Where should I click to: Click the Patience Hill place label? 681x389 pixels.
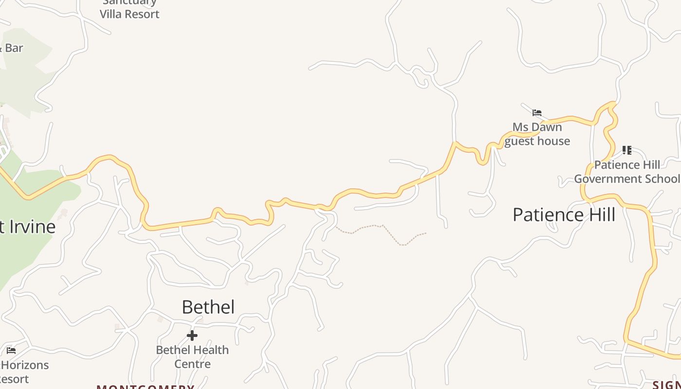point(564,214)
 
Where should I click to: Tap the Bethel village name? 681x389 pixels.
point(208,307)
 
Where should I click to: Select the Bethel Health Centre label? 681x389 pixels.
point(192,356)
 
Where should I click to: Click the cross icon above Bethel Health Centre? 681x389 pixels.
point(192,336)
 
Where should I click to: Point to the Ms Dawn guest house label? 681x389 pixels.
point(537,134)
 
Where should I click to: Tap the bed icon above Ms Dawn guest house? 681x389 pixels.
point(537,113)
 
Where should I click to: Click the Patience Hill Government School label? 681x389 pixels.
point(627,172)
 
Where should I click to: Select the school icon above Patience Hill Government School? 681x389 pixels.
point(627,150)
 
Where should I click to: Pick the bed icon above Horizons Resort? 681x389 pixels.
point(11,350)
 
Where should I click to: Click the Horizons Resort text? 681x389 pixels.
point(24,371)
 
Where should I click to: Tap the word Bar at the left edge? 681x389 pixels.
point(14,48)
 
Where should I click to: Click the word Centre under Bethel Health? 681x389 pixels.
point(192,364)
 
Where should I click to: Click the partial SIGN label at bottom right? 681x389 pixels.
point(666,385)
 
